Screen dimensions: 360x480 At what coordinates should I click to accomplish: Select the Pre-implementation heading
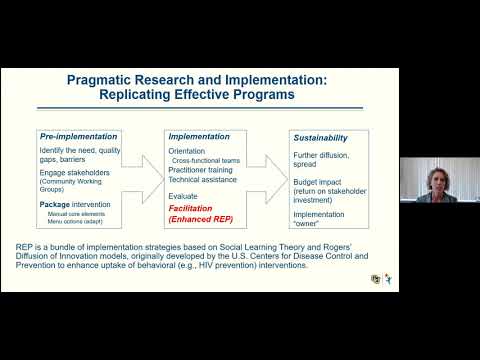pos(79,136)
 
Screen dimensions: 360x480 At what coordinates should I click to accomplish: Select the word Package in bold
pos(56,204)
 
